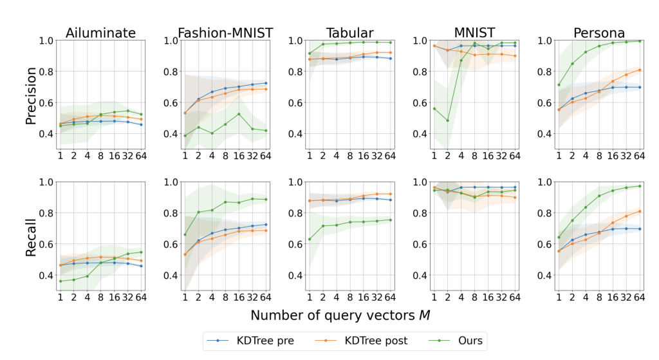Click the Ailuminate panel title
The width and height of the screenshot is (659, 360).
click(100, 32)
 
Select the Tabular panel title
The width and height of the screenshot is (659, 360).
click(349, 32)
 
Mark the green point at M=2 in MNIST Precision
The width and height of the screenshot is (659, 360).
click(447, 120)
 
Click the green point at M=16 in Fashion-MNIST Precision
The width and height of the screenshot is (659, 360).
click(239, 114)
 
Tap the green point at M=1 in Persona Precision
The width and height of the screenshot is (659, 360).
click(541, 85)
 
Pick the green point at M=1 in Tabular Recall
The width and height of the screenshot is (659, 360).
click(310, 239)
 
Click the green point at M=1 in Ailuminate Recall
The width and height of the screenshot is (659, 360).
click(60, 281)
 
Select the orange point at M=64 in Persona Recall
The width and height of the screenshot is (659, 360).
click(640, 211)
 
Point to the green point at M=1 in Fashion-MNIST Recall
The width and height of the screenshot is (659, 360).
click(185, 234)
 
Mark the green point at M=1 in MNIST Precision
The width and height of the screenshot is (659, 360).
click(434, 109)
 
